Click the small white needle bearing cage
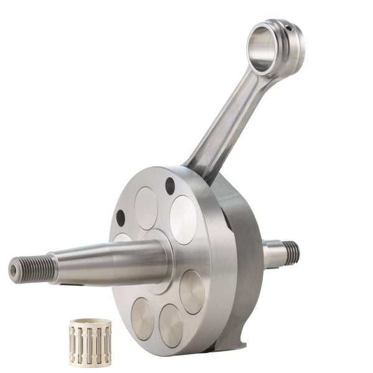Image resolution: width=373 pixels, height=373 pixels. [x=90, y=343]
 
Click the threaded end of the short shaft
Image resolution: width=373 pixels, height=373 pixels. [x=291, y=252]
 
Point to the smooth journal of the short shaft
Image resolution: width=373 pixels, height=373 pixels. [x=273, y=254]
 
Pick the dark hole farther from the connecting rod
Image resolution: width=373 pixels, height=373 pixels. [x=121, y=218]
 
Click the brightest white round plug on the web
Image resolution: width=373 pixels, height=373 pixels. [x=183, y=219]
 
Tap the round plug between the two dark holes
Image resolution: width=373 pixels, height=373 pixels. [x=146, y=208]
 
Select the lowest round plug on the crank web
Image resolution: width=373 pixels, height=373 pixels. [x=170, y=325]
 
